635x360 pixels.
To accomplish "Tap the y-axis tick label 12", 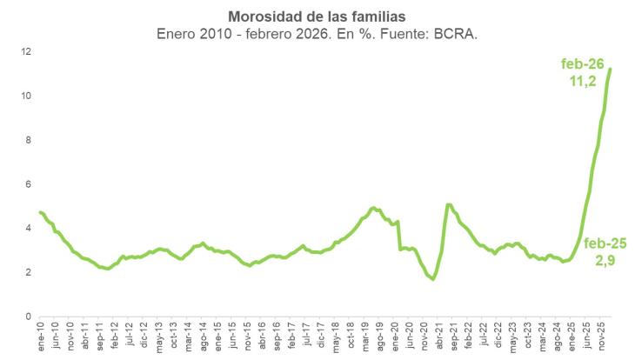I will coord(28,51).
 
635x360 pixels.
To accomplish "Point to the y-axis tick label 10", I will coord(28,96).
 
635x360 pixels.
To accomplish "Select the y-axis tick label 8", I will coord(30,140).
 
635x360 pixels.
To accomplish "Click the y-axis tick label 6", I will coord(30,184).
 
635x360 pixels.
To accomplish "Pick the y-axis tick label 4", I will coord(30,228).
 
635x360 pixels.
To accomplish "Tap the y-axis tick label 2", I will coord(30,272).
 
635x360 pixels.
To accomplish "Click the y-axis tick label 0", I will coord(30,317).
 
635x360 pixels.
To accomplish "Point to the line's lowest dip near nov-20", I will coord(432,279).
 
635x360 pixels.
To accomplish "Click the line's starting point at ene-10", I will coord(40,212).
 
